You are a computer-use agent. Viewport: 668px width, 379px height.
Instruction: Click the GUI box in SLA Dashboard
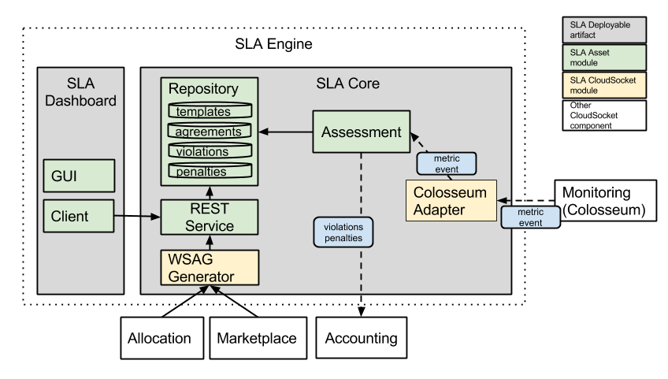[x=79, y=176]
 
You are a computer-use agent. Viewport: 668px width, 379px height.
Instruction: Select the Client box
[x=79, y=216]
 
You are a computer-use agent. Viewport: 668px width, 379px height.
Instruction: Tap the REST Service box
[x=209, y=217]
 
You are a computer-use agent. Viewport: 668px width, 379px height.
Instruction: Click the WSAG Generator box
[x=209, y=267]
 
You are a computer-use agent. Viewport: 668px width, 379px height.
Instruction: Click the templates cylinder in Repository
[x=209, y=111]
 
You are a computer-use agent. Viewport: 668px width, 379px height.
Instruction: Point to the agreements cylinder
[x=209, y=131]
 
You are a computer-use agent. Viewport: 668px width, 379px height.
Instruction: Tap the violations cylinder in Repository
[x=209, y=151]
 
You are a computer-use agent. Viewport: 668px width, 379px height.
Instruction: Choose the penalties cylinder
[x=209, y=171]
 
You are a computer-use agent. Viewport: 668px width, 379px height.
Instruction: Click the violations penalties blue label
[x=343, y=232]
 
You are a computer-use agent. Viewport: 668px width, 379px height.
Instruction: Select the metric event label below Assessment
[x=446, y=163]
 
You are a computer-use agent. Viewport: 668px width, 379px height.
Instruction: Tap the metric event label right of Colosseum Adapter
[x=529, y=217]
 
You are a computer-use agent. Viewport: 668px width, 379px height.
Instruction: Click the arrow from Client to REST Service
[x=137, y=216]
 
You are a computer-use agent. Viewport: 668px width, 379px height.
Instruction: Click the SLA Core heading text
[x=347, y=83]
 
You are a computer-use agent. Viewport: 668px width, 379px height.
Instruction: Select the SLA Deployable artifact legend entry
[x=603, y=30]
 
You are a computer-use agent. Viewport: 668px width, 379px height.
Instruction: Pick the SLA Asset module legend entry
[x=603, y=58]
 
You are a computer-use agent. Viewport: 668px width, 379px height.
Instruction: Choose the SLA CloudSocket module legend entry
[x=603, y=85]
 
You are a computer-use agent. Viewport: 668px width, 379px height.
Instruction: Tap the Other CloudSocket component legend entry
[x=603, y=115]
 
